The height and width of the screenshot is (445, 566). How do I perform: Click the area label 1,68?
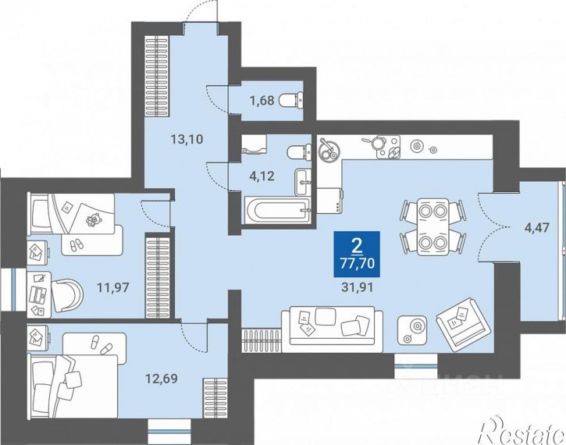coord(262,100)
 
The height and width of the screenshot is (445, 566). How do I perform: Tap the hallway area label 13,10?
coord(187,139)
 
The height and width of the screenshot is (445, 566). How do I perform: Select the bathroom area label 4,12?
coord(262,176)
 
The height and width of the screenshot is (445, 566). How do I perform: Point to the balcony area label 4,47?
coord(537,228)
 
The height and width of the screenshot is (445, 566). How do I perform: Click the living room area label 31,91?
coord(357,287)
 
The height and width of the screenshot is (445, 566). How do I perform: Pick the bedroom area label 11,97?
coord(112,287)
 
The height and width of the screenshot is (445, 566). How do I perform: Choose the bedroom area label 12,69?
coord(162,379)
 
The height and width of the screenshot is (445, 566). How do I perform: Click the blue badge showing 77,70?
coord(357,254)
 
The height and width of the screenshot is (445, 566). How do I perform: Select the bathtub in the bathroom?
coord(278,210)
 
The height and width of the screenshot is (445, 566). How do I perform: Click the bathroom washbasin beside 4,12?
coord(303,182)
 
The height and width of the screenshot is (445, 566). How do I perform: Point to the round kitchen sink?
coord(329,149)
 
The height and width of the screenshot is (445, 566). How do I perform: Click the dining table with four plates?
coord(433,226)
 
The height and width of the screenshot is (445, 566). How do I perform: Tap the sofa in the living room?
coord(332,329)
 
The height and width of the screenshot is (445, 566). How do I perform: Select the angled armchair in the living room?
coord(465,324)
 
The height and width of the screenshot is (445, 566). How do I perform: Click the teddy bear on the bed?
coord(93,220)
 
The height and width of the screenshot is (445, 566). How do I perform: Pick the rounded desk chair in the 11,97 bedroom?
coord(67,296)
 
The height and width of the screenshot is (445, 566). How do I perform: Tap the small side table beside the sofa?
coord(412,330)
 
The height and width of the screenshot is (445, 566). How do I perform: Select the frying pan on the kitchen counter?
coord(376,142)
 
